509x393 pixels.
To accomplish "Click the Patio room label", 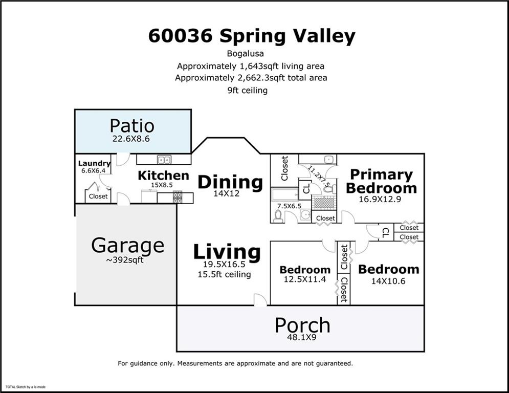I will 132,126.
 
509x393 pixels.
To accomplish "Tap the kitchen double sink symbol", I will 164,159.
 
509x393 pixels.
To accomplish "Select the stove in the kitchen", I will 178,197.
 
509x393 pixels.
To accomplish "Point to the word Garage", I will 127,246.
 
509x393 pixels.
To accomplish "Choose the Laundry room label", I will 94,164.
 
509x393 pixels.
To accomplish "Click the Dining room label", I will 230,182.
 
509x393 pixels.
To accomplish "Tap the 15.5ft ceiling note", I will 224,274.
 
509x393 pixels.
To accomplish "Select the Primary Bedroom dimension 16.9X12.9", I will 380,200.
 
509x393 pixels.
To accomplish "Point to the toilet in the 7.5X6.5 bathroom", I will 278,216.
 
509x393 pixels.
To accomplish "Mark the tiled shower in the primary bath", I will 323,202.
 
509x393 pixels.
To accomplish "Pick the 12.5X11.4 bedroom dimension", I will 304,279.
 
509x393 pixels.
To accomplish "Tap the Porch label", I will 302,325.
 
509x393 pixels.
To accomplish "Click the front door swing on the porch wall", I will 260,300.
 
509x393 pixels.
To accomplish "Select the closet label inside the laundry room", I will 98,196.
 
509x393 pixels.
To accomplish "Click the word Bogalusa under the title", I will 250,53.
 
